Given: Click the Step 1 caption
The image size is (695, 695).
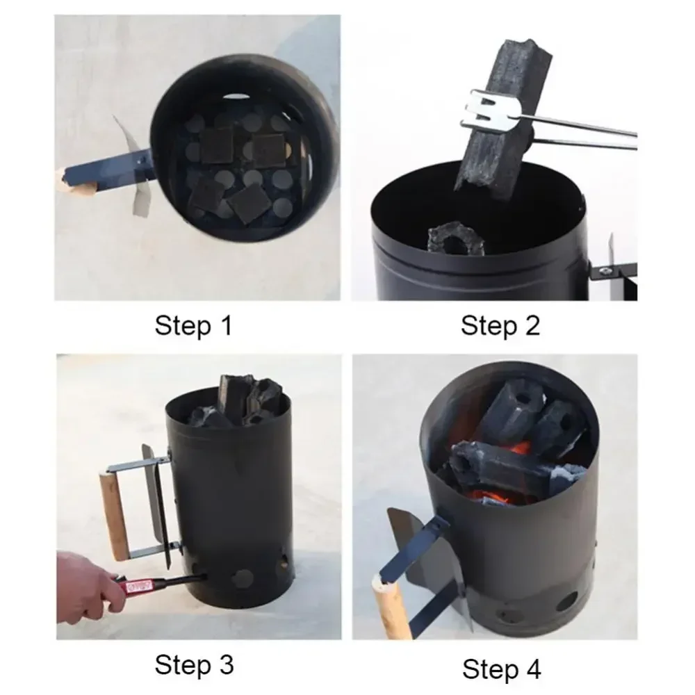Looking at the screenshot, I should coord(193,325).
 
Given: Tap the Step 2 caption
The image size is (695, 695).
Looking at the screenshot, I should coord(500,325).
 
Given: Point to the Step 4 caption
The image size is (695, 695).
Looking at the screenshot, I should coord(501,669).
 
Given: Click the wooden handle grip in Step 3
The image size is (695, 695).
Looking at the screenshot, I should coord(113,515).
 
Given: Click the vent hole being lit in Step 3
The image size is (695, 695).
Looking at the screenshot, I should coord(204,574).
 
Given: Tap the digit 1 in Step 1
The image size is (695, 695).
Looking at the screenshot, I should coord(224,325).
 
